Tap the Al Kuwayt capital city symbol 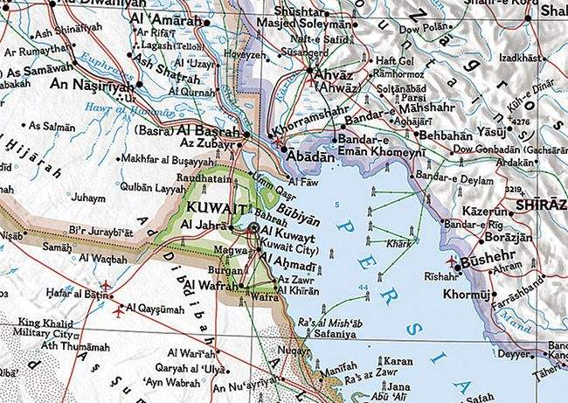253,227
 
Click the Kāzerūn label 486,212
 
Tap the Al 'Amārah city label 163,17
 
